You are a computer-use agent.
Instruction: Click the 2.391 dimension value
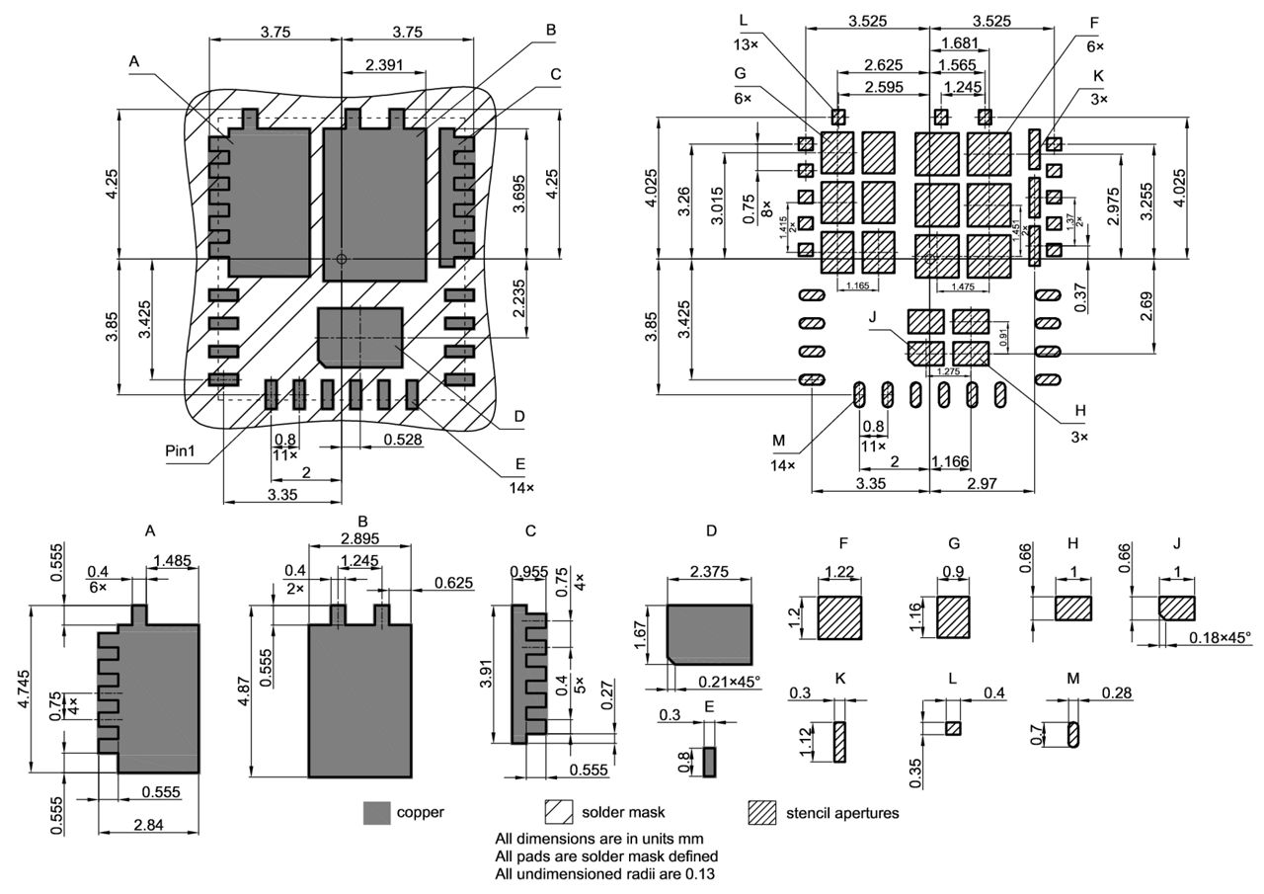click(x=383, y=64)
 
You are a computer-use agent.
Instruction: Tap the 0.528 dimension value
click(x=404, y=439)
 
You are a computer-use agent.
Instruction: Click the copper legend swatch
click(x=377, y=812)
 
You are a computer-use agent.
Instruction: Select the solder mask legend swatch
click(x=559, y=812)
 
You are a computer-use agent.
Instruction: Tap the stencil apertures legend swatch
click(x=761, y=812)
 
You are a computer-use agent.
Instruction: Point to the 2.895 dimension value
click(x=360, y=537)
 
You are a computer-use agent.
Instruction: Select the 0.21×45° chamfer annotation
click(x=729, y=682)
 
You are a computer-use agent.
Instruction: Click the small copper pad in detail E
click(x=709, y=761)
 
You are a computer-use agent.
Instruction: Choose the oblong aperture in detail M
click(x=1075, y=735)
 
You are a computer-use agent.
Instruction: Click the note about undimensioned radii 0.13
click(x=604, y=873)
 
